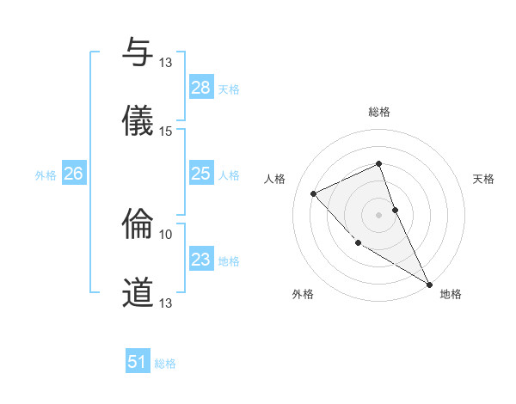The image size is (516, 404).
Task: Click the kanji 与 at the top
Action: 138,53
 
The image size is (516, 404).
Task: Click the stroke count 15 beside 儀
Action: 166,131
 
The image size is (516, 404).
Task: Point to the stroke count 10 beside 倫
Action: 166,234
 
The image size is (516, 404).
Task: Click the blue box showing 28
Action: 201,88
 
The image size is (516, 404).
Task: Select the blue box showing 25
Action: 201,174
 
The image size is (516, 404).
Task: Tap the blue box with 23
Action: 201,260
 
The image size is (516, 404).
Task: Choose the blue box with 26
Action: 73,174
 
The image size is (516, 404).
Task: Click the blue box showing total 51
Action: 138,362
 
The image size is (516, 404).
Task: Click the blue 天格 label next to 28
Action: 229,89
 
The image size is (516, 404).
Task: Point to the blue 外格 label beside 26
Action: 46,175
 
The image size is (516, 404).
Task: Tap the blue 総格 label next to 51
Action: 165,364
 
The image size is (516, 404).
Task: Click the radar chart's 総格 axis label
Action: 379,112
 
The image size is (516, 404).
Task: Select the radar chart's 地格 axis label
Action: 451,295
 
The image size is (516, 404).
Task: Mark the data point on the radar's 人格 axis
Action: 314,193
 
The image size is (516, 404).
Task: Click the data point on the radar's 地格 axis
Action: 429,284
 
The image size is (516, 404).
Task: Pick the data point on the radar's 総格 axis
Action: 379,163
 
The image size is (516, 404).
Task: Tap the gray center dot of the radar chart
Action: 379,214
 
